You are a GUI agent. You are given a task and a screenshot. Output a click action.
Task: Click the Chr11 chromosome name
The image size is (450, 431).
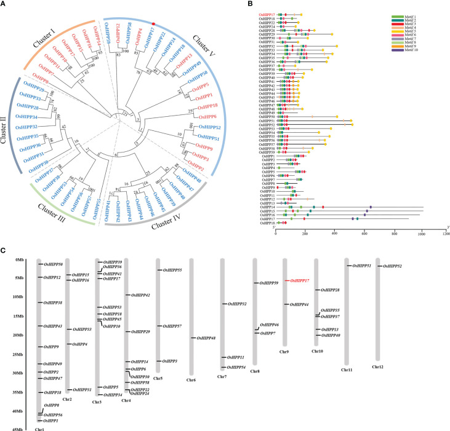point(348,370)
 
